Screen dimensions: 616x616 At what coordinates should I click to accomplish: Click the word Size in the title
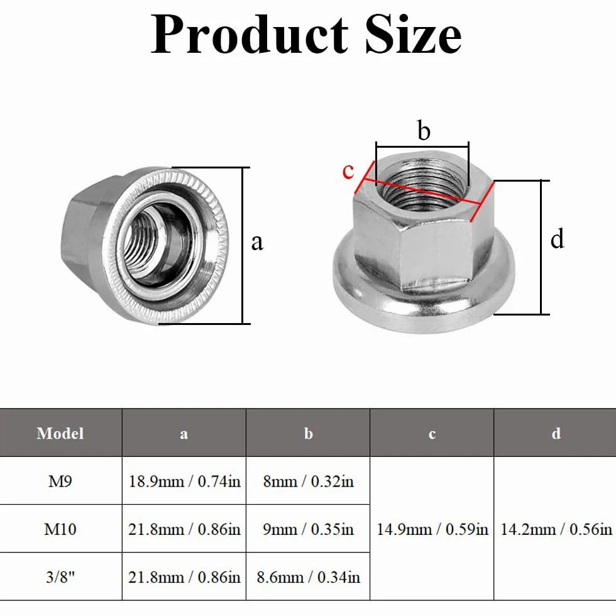pyautogui.click(x=414, y=34)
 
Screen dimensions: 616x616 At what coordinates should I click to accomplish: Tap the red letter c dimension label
pyautogui.click(x=348, y=171)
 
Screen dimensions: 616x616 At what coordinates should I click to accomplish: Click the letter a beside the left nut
pyautogui.click(x=257, y=243)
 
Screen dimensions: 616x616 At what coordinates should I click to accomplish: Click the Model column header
pyautogui.click(x=60, y=433)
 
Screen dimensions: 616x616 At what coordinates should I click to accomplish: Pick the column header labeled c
pyautogui.click(x=432, y=434)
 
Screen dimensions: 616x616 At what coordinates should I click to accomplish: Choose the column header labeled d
pyautogui.click(x=556, y=433)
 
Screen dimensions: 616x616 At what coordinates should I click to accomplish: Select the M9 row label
pyautogui.click(x=60, y=481)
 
